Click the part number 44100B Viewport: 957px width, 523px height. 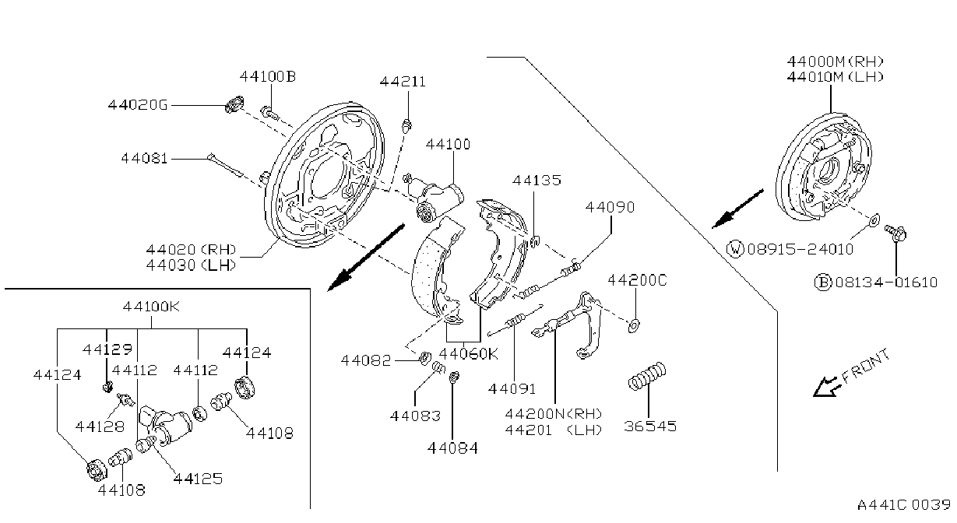point(267,76)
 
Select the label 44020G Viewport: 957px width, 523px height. point(138,104)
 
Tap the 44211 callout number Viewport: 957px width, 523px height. point(403,81)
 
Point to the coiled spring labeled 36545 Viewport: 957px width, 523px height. point(647,376)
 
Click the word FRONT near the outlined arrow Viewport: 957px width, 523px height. point(866,366)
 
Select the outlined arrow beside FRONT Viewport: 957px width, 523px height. point(827,387)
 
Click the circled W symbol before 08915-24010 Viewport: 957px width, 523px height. point(735,248)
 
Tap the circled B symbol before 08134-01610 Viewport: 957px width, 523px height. point(823,283)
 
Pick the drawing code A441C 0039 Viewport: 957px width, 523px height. point(903,504)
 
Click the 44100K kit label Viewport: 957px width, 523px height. point(151,306)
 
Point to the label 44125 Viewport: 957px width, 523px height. point(198,479)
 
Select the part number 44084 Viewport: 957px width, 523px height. point(452,448)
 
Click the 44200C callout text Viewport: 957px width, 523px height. point(637,280)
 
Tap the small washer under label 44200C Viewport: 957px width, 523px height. point(634,325)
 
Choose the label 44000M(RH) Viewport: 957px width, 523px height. point(836,61)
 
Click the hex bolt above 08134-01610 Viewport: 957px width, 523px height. point(895,233)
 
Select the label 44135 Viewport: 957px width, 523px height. point(537,180)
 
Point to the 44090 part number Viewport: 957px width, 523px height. point(610,207)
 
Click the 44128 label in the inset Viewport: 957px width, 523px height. point(100,426)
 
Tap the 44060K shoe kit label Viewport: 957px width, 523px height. point(468,353)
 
